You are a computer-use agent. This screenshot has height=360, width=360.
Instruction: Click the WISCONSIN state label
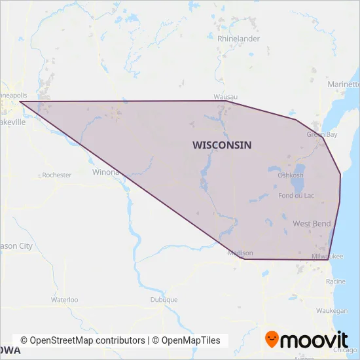click(x=222, y=145)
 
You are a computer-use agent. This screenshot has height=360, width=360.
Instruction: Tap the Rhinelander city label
click(x=238, y=39)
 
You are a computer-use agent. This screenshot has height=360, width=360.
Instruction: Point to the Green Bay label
click(x=321, y=134)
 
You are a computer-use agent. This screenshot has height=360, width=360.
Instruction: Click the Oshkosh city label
click(x=291, y=175)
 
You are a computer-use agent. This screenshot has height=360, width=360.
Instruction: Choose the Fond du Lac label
click(x=296, y=196)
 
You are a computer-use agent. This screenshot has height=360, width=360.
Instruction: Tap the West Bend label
click(x=312, y=224)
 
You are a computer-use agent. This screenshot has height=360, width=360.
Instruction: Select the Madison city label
click(x=240, y=253)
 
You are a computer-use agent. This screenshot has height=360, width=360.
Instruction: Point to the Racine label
click(x=335, y=281)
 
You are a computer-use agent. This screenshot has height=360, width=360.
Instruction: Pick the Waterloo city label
click(x=64, y=299)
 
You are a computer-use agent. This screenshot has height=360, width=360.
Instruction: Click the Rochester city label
click(x=56, y=175)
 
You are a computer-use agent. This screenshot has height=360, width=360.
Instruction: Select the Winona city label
click(x=105, y=173)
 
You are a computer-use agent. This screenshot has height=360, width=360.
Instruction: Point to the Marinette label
click(x=344, y=85)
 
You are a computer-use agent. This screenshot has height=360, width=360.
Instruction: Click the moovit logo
click(x=306, y=340)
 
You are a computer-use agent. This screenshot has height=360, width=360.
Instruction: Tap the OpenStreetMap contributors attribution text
click(x=82, y=340)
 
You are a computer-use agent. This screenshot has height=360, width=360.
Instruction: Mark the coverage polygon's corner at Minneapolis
click(x=20, y=101)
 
